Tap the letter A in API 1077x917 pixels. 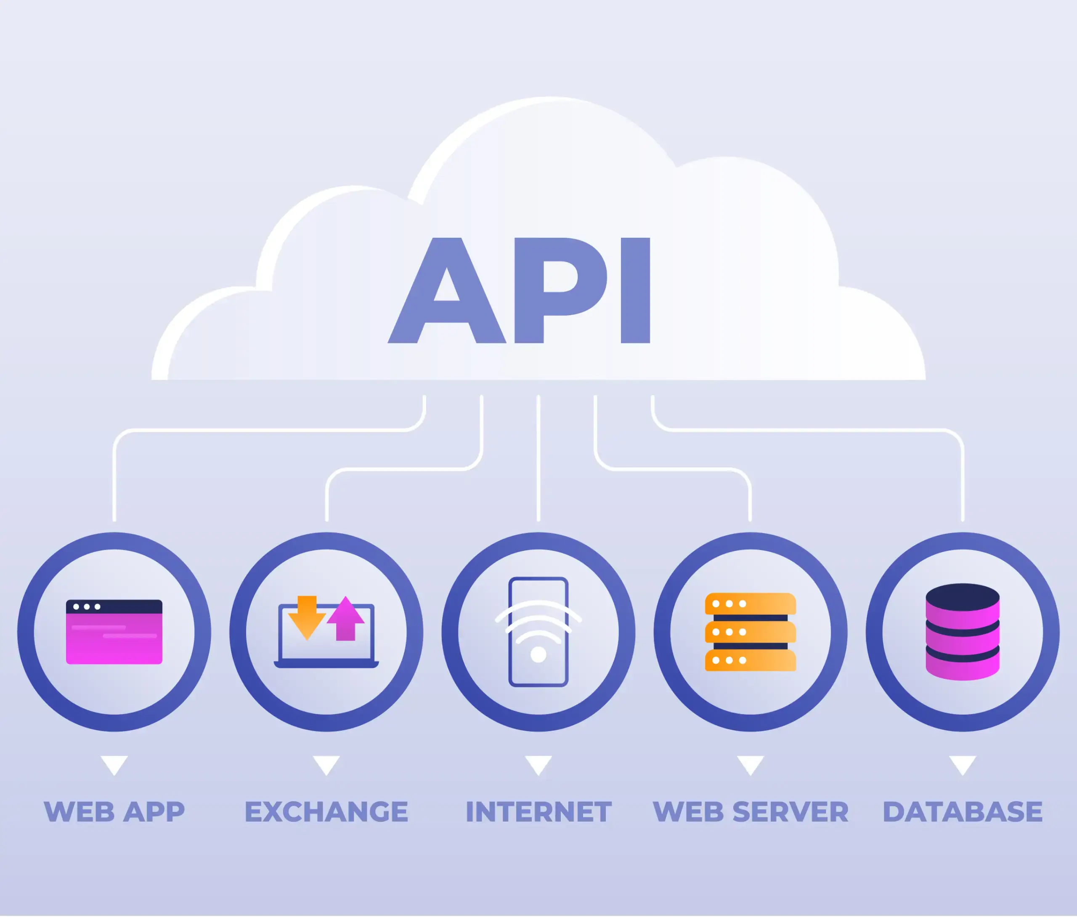coord(447,312)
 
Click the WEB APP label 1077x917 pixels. coord(114,811)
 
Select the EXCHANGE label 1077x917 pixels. coord(326,811)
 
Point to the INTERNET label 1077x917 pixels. coord(538,811)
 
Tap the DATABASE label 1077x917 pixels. coord(962,811)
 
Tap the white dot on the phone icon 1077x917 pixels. coord(538,654)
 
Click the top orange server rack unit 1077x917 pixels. coord(750,603)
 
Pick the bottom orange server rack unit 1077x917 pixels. coord(750,660)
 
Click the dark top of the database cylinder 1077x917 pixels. coord(962,596)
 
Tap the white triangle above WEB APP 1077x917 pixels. coord(114,764)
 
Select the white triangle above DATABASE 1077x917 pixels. coord(962,764)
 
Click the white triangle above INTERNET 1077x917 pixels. coord(538,764)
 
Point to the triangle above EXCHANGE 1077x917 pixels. coord(326,764)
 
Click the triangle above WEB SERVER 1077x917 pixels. coord(750,764)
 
